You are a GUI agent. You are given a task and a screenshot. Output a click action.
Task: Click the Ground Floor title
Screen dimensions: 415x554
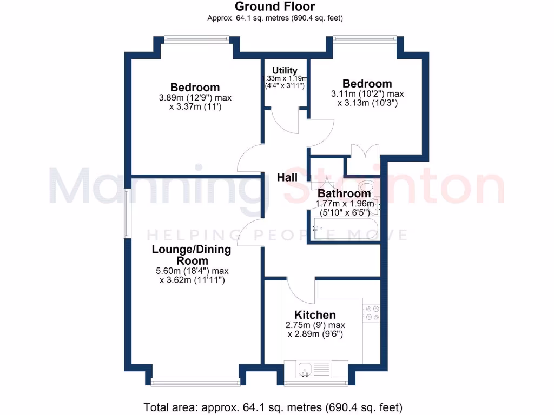coord(275,7)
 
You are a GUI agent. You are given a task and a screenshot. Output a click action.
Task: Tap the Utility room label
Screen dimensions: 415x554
coord(285,70)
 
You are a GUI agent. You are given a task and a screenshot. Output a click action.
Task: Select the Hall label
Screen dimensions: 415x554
coord(287,177)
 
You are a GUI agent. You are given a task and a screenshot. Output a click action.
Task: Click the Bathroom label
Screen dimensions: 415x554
coord(344,193)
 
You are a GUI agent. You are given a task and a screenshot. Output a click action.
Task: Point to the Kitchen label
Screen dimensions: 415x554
coord(315,315)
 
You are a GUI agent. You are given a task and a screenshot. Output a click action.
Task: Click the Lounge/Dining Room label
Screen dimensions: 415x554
coord(191,255)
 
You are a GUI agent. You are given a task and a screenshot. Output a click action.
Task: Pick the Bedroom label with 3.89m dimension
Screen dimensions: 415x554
coord(195,87)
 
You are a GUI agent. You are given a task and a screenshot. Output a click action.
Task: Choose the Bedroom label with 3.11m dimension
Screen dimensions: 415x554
coord(367,84)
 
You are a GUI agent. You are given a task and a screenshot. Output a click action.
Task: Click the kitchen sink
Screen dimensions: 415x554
coord(304,370)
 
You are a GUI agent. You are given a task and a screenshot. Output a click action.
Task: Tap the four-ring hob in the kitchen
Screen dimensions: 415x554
coord(372,313)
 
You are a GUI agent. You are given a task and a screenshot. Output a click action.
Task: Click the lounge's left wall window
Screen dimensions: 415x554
coord(126,213)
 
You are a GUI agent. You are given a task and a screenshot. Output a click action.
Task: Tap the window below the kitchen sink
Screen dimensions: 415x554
coord(316,383)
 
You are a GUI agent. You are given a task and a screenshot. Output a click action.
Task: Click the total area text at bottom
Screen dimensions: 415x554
coord(273,407)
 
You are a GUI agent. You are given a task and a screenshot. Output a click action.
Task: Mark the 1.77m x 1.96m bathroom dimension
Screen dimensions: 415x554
coord(345,204)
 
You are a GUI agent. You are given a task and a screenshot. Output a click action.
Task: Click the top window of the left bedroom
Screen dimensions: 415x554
coord(196,38)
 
